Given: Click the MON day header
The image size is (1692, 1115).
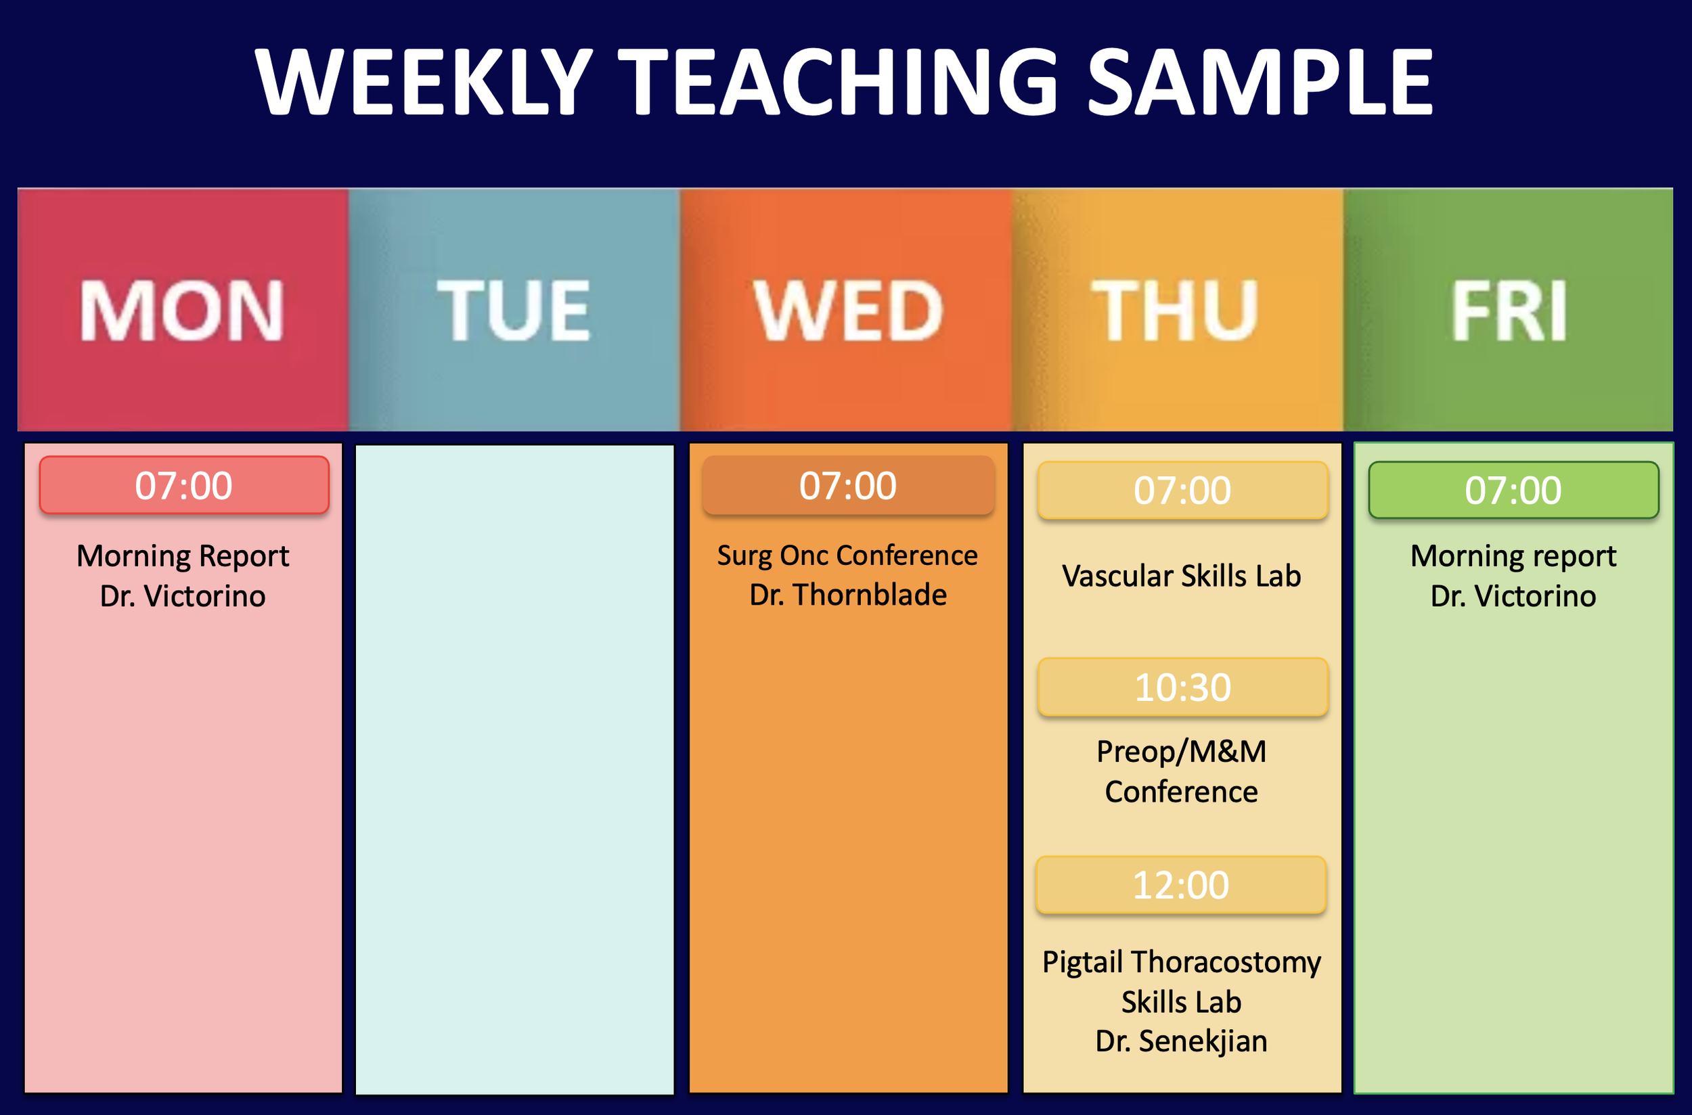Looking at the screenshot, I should click(182, 310).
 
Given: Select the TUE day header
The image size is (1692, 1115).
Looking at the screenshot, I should click(514, 310).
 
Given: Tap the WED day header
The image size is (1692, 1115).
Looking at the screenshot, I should click(848, 310).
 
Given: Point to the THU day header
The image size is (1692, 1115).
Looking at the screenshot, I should click(1175, 310).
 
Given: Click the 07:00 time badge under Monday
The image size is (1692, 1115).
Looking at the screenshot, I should click(184, 486).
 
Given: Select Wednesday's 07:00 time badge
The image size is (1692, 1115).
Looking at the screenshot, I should click(848, 486).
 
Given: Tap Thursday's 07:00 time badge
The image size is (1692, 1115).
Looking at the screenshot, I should click(1182, 491).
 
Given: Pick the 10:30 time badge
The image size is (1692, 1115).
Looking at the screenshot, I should click(1182, 687).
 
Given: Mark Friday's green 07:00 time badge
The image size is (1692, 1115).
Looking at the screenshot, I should click(1513, 491).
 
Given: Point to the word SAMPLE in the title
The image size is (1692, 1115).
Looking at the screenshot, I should click(1260, 82).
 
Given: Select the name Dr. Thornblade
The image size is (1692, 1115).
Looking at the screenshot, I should click(848, 595).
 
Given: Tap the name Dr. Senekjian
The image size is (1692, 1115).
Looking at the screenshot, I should click(1181, 1041).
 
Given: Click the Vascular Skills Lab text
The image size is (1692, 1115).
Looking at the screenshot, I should click(1181, 576).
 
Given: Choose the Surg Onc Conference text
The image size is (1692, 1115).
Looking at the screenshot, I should click(847, 555).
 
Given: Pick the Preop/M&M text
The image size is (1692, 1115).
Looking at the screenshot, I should click(1181, 752).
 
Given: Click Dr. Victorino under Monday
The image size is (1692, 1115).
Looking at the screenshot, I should click(183, 596).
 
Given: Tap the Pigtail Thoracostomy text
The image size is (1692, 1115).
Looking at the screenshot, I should click(1181, 962).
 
